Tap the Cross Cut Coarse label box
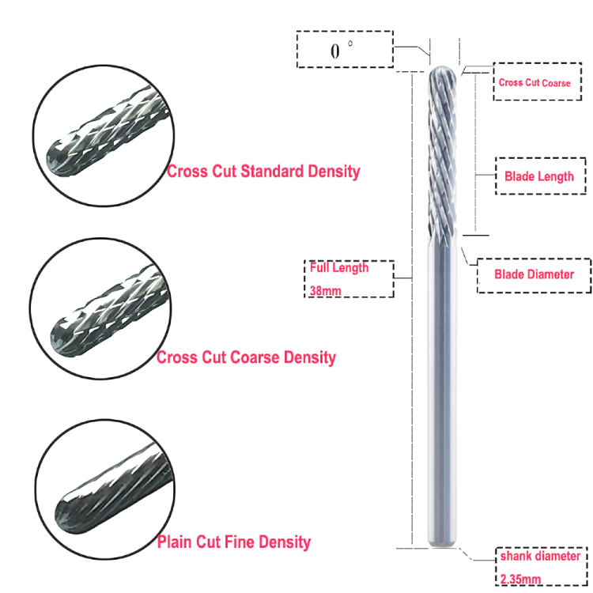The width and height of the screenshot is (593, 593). pos(534,82)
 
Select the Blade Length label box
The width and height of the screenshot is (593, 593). pos(539,176)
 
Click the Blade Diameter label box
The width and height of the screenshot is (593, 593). pos(534,274)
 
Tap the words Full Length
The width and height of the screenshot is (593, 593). pos(339,267)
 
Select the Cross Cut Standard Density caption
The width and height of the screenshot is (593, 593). pos(263,171)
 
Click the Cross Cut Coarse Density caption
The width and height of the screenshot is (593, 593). pos(246,357)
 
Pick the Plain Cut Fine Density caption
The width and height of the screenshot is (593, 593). pos(234,542)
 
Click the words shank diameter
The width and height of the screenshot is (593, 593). pos(540,557)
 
